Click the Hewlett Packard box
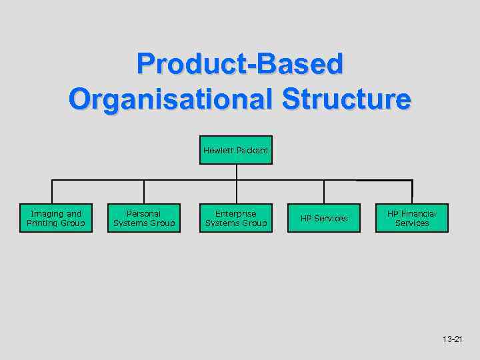(235, 151)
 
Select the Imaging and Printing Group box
(56, 218)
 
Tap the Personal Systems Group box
(144, 218)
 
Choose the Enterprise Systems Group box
(236, 218)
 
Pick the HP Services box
(324, 218)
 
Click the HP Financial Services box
(412, 218)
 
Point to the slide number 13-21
(452, 339)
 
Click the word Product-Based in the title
(239, 65)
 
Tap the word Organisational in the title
(171, 99)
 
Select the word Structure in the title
(347, 99)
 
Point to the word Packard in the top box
(251, 151)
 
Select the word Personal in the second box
(144, 213)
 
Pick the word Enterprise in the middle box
(236, 213)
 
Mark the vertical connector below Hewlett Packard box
(236, 172)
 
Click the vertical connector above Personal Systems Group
(144, 191)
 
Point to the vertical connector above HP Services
(324, 191)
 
